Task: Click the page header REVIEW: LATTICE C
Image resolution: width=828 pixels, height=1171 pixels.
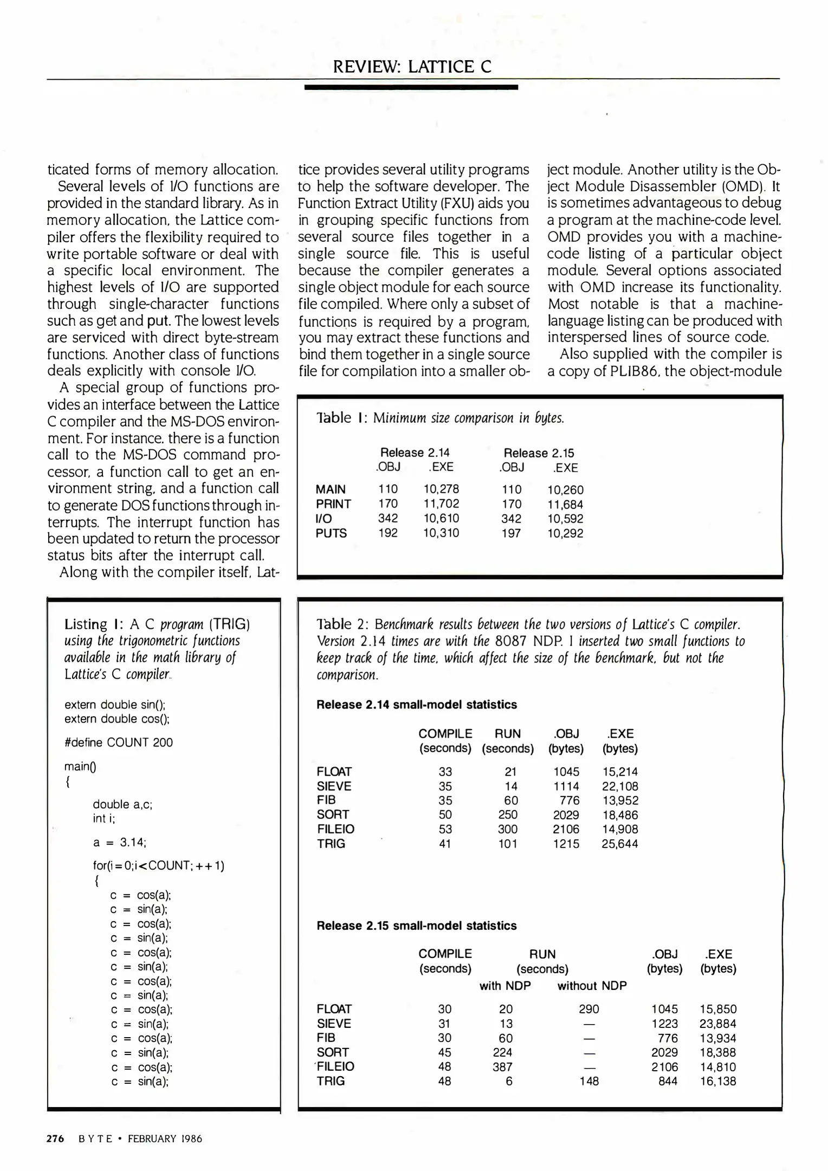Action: pos(412,67)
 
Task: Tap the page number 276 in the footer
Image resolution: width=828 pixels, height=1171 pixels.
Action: pos(55,1138)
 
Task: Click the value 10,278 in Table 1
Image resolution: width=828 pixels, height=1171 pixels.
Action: pos(441,489)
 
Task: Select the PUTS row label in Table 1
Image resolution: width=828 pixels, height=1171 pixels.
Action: pos(331,533)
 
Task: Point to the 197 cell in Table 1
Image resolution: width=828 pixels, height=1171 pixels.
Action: pos(511,533)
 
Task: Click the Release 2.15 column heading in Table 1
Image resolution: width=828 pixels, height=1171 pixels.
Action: pos(539,453)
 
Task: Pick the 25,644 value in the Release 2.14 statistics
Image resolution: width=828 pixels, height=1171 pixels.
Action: pos(619,844)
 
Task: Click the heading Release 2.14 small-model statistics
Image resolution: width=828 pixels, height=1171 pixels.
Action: pos(416,705)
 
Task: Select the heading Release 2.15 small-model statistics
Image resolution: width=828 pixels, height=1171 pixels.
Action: pos(416,926)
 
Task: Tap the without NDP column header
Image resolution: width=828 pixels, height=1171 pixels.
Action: pos(592,986)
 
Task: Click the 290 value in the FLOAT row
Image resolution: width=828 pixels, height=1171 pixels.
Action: pos(588,1009)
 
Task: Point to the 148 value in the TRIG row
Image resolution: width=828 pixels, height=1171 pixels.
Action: pos(588,1082)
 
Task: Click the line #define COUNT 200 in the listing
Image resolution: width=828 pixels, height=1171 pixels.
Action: pos(118,743)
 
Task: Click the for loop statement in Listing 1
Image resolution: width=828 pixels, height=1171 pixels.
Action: pos(158,865)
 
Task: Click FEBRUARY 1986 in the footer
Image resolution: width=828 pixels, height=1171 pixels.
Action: pos(165,1138)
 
